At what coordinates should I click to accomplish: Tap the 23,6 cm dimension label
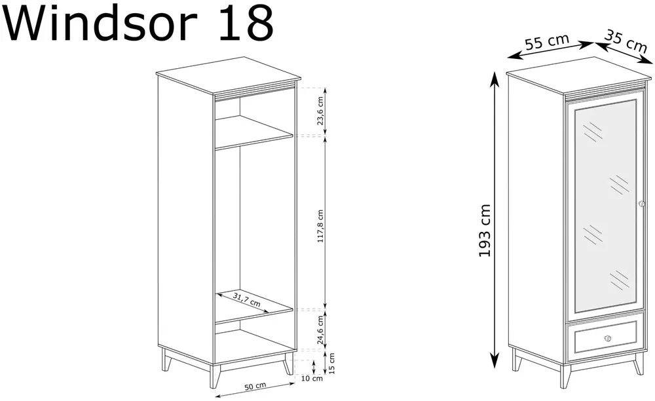pos(320,111)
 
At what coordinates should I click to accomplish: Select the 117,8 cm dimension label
pos(320,226)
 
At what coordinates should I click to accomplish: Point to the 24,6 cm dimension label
pos(320,330)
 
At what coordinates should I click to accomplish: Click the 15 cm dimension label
pos(331,364)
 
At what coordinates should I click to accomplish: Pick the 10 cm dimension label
pos(312,379)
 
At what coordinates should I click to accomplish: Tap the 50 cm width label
pos(255,387)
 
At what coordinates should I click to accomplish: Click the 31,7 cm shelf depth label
pos(246,300)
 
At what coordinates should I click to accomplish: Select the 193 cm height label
pos(484,231)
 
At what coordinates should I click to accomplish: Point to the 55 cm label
pos(547,42)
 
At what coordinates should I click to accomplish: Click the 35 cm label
pos(626,41)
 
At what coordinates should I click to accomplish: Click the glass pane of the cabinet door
pos(605,206)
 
